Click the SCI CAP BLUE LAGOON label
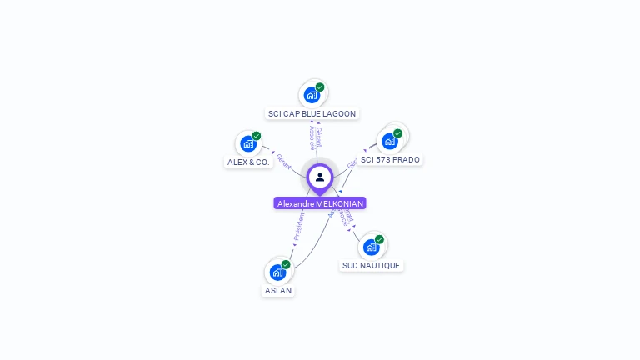pos(312,113)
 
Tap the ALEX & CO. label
pos(248,162)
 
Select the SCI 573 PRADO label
pos(390,159)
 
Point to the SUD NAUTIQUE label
pos(371,265)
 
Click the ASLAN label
pos(278,290)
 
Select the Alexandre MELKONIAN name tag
pos(320,203)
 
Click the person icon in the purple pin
pos(320,177)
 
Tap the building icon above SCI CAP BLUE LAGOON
pos(312,95)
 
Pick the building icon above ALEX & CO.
pos(248,143)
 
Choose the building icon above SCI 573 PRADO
pos(389,141)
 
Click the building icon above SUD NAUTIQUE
pos(371,247)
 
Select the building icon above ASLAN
pos(277,272)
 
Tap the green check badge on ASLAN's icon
pos(286,264)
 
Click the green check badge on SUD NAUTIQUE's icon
pos(379,239)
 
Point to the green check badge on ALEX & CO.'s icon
pos(257,136)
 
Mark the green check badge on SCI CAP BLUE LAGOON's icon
pos(320,87)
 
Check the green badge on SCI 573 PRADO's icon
pos(397,133)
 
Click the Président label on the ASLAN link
pos(298,226)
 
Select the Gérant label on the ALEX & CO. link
pos(283,160)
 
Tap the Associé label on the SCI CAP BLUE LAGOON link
pos(312,137)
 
